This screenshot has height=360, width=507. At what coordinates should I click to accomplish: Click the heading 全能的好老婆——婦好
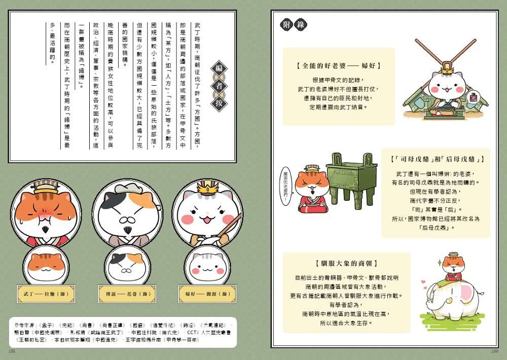click(339, 66)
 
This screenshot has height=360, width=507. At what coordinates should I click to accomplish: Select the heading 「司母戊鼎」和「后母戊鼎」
click(436, 159)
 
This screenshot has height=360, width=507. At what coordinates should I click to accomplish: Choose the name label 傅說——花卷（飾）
click(121, 294)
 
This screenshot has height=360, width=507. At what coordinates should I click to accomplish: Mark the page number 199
click(495, 350)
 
